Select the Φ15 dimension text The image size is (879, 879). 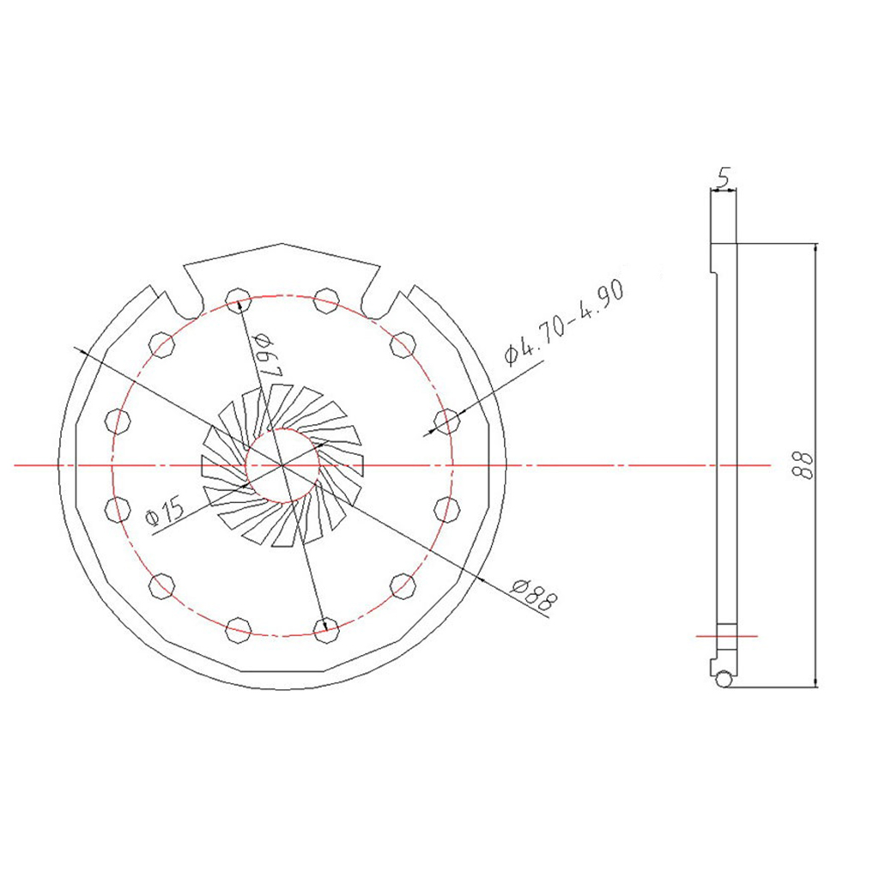[166, 512]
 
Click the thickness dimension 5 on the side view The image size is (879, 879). [723, 179]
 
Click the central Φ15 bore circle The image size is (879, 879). [283, 465]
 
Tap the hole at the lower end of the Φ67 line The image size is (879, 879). [324, 631]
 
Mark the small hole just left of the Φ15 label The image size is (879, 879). [117, 509]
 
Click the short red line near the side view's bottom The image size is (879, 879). [726, 636]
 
